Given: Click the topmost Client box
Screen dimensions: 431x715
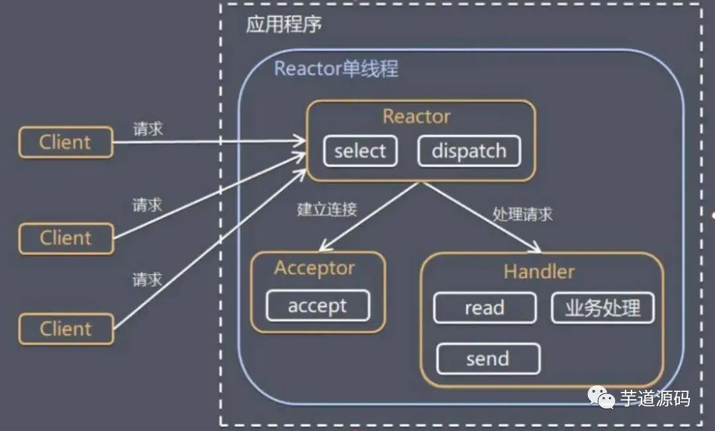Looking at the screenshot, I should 66,142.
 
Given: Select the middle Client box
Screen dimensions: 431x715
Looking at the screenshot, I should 66,238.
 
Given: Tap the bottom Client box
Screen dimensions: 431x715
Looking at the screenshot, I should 66,328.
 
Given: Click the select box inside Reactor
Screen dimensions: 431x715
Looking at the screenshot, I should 360,151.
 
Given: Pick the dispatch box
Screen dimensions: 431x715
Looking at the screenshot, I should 469,151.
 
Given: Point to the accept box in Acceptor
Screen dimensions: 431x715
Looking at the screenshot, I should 317,306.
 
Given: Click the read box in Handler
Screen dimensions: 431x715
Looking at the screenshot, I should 485,308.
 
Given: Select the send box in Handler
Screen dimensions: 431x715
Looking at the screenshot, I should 488,359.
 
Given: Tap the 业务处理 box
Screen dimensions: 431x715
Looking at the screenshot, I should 602,308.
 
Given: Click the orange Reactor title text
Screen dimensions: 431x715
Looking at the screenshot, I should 416,117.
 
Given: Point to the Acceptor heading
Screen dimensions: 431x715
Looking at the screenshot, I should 314,267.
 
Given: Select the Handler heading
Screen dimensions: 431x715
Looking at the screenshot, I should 539,271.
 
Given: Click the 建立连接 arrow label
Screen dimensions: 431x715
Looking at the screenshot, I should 327,209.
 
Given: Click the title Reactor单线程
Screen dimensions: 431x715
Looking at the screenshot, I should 336,69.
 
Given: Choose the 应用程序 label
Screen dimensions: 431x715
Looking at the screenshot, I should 283,25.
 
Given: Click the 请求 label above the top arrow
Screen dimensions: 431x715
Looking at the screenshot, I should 148,129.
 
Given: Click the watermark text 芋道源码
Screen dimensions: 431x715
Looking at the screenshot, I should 655,398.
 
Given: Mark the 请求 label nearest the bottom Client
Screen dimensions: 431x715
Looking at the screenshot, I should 147,279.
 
